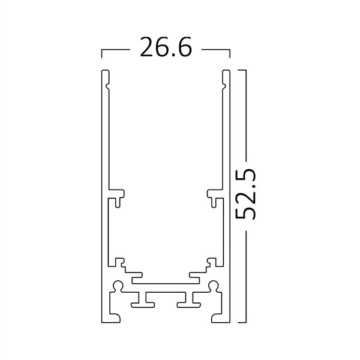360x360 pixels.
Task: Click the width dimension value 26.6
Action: click(166, 47)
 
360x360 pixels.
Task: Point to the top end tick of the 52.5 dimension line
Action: click(242, 70)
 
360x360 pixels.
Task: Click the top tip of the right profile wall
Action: click(227, 73)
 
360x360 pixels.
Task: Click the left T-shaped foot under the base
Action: click(143, 299)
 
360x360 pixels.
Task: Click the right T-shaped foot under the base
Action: click(189, 299)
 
